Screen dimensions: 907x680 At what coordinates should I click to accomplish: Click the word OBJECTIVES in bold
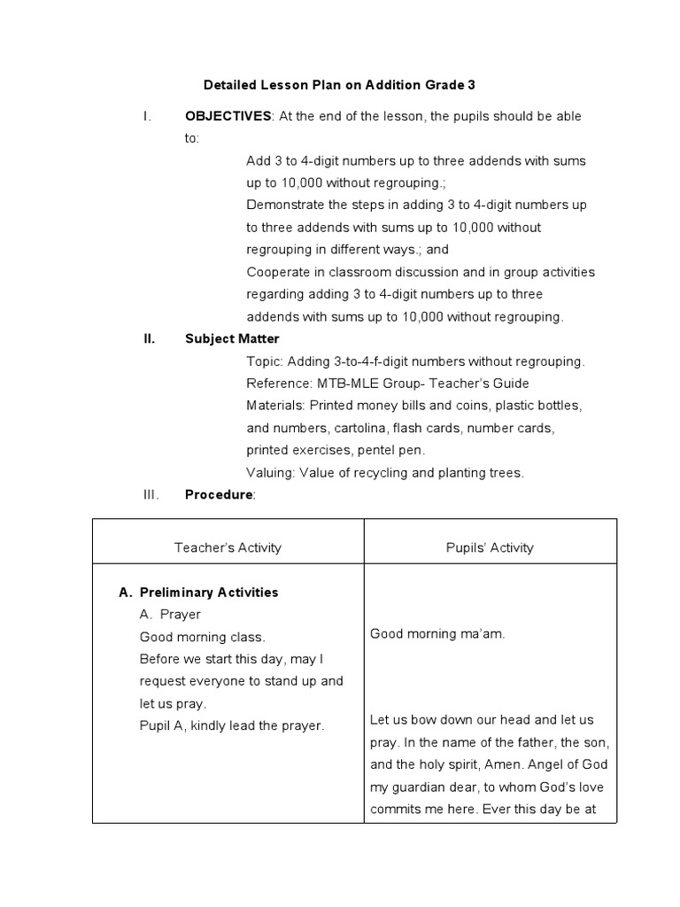point(228,116)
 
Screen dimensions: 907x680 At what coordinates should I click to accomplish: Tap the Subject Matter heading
point(232,338)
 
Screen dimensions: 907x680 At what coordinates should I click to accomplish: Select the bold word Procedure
point(219,494)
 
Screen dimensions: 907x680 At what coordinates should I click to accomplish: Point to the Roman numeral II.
point(150,338)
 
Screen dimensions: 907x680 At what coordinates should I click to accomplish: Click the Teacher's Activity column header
point(228,547)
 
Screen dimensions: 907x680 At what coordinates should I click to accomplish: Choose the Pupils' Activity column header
point(490,547)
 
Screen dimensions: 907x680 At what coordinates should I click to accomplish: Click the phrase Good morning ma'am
point(437,633)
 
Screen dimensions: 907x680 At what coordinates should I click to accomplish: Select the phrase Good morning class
point(202,637)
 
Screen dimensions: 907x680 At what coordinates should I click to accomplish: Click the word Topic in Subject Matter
point(263,361)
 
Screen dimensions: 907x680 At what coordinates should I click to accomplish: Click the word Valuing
point(270,472)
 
